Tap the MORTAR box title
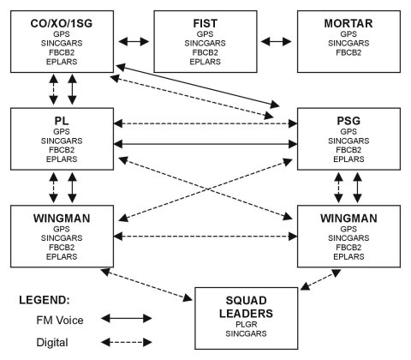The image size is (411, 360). [x=345, y=21]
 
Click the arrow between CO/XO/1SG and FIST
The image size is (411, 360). [x=134, y=40]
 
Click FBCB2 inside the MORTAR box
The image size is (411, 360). [x=345, y=52]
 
